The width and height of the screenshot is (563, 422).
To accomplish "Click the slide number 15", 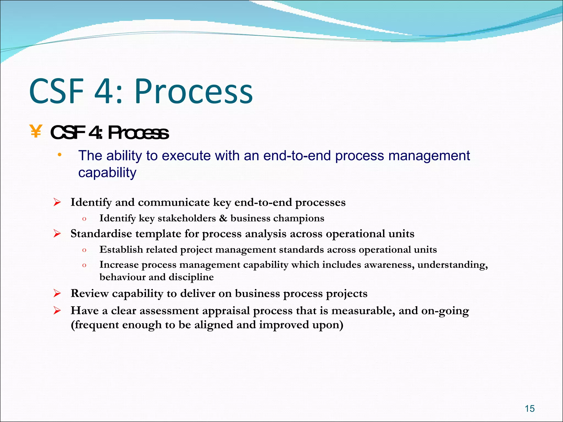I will click(x=529, y=409).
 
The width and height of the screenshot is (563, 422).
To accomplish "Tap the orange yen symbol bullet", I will click(x=36, y=131).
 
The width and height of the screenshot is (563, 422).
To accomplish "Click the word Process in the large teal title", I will click(x=193, y=91).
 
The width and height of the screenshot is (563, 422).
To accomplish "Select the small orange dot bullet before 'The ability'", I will click(x=59, y=155).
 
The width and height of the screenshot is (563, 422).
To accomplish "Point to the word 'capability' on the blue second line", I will click(x=107, y=173).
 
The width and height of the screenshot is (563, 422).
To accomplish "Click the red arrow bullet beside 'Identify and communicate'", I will click(x=57, y=203).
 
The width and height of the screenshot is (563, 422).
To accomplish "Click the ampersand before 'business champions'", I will click(x=223, y=218).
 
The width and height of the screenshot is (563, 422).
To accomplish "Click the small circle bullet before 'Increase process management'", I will click(x=84, y=265).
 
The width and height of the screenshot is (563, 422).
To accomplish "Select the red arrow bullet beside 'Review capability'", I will click(x=57, y=294).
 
